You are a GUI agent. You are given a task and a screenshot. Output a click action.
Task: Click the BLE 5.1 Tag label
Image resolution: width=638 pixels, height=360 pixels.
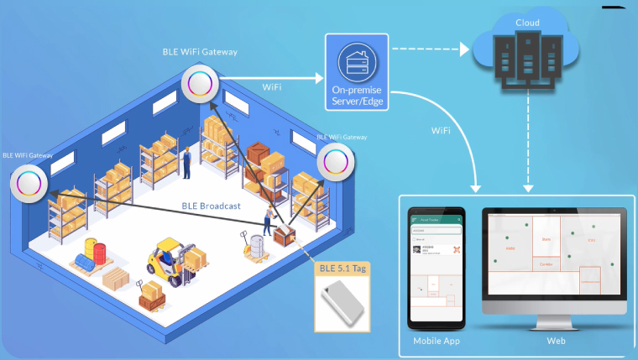(x=343, y=269)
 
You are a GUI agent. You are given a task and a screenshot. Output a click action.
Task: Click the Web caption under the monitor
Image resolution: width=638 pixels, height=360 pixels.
(x=556, y=342)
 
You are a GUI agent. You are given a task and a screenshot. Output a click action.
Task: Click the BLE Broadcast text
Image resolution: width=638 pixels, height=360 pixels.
(x=212, y=206)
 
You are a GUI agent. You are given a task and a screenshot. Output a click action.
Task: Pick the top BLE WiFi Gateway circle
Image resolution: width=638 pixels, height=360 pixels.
(x=200, y=83)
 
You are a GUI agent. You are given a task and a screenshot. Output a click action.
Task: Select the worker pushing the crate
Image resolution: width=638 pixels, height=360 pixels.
(x=268, y=220)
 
